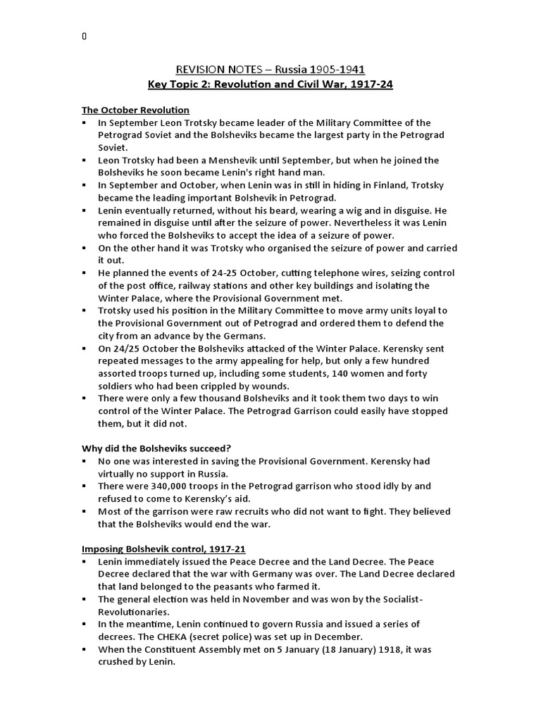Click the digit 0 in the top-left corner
coord(84,37)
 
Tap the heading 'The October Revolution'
coord(135,110)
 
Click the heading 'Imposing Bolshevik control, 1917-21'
coord(163,548)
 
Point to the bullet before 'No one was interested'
coord(84,461)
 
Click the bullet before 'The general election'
coord(84,598)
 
